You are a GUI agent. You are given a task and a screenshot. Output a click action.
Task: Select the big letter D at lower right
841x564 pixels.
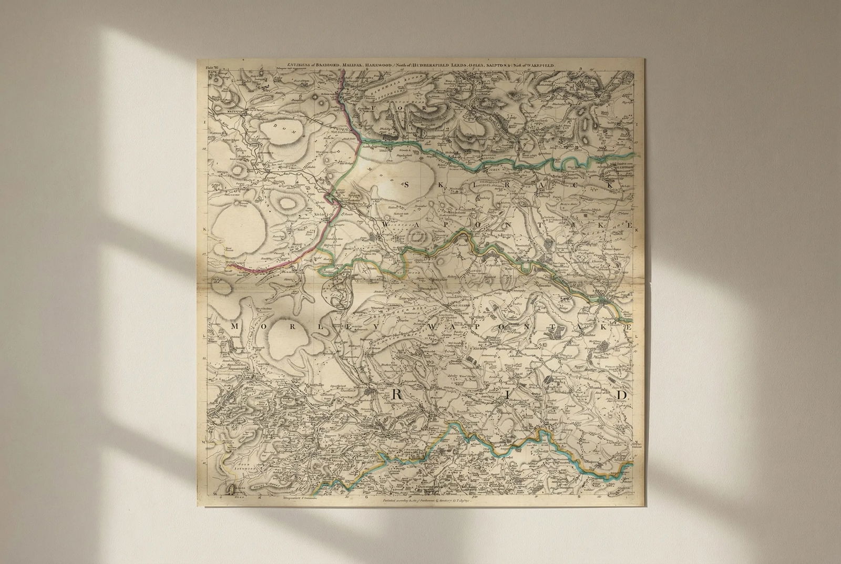tap(622, 394)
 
